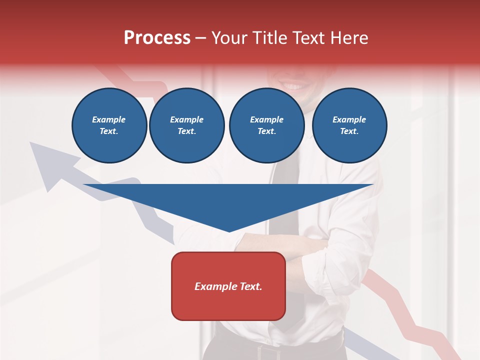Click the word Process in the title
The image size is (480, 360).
pyautogui.click(x=157, y=38)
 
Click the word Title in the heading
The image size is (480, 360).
pyautogui.click(x=268, y=38)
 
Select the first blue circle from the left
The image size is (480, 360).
pyautogui.click(x=109, y=125)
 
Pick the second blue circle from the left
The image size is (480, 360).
pyautogui.click(x=187, y=125)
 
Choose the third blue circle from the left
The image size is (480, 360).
pyautogui.click(x=266, y=125)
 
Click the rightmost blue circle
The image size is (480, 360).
pyautogui.click(x=349, y=125)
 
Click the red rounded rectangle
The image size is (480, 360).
pyautogui.click(x=228, y=286)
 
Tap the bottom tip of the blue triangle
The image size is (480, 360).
pyautogui.click(x=229, y=230)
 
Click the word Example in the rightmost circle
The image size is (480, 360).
pyautogui.click(x=349, y=119)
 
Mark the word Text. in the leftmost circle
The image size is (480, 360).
pyautogui.click(x=109, y=131)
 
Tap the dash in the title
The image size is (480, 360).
pyautogui.click(x=201, y=38)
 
